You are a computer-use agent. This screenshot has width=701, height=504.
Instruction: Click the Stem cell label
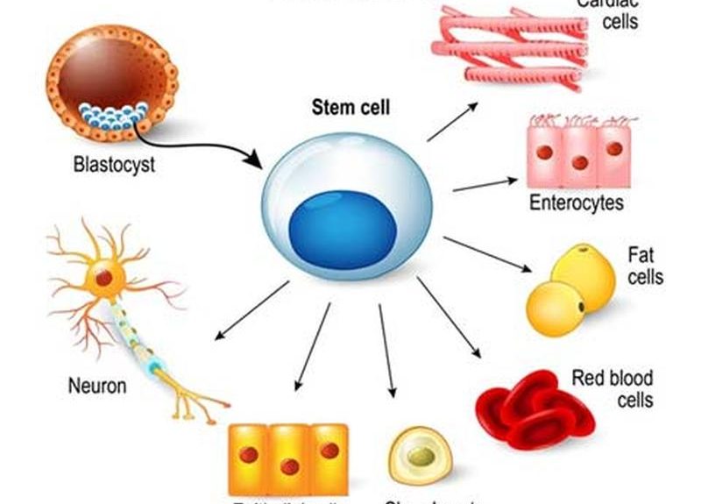pyautogui.click(x=350, y=110)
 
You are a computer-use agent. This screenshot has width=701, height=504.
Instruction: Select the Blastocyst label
pyautogui.click(x=114, y=164)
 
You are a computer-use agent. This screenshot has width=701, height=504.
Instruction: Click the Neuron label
pyautogui.click(x=97, y=385)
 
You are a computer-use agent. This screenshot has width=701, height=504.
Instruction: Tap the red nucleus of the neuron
pyautogui.click(x=103, y=278)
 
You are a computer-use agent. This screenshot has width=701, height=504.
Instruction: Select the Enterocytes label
pyautogui.click(x=577, y=203)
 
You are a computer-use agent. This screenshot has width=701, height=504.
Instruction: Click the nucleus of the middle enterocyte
pyautogui.click(x=579, y=162)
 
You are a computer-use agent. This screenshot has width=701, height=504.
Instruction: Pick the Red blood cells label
pyautogui.click(x=612, y=389)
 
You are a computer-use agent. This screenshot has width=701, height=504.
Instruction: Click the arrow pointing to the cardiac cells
pyautogui.click(x=452, y=121)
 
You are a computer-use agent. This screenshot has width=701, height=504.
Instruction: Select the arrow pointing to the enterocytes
pyautogui.click(x=485, y=184)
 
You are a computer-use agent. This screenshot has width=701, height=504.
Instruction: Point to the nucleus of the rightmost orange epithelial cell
pyautogui.click(x=329, y=451)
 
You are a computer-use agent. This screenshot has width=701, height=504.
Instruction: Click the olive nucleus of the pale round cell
pyautogui.click(x=421, y=457)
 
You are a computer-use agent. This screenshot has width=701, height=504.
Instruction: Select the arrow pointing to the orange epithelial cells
pyautogui.click(x=314, y=346)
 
